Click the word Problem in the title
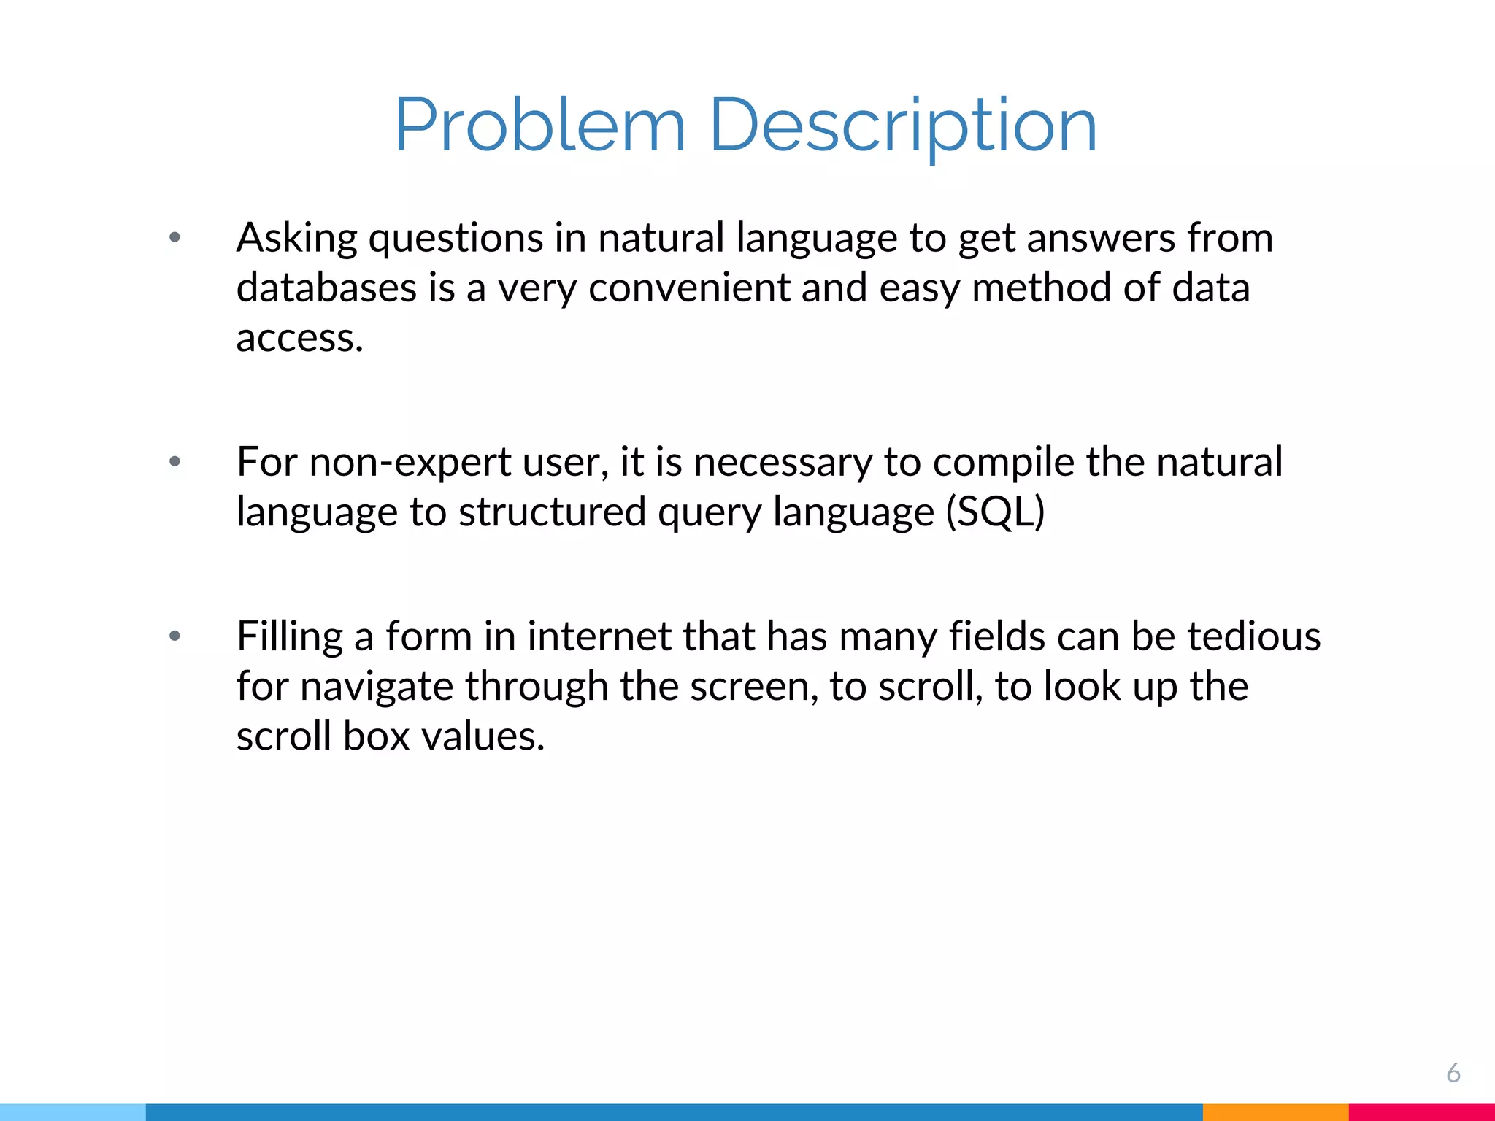[x=540, y=126]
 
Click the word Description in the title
[x=903, y=126]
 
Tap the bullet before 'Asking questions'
[x=174, y=237]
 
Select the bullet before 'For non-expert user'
[x=174, y=461]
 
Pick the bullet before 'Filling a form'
[x=174, y=636]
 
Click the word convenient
[x=688, y=288]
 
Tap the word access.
[x=299, y=337]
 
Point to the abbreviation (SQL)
[x=995, y=512]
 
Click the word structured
[x=552, y=512]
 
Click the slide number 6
[x=1453, y=1073]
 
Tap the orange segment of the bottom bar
[x=1275, y=1112]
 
